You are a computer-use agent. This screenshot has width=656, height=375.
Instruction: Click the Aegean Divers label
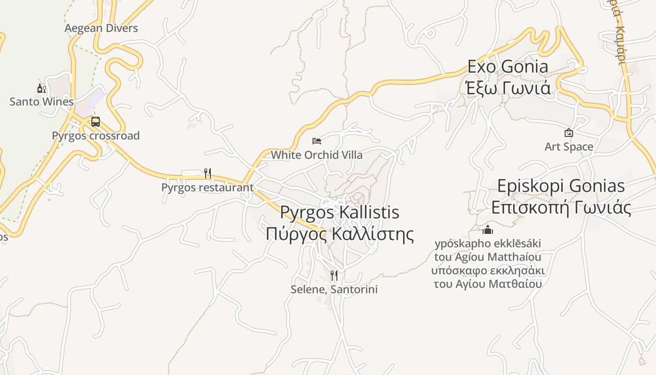101,28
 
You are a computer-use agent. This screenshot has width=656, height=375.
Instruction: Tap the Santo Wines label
42,102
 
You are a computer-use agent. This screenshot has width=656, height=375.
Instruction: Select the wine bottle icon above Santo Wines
42,89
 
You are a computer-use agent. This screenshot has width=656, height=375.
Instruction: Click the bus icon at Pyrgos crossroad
96,122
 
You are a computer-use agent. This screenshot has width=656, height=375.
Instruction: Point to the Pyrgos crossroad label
96,136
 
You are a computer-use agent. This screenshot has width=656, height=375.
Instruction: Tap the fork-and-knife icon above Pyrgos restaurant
208,173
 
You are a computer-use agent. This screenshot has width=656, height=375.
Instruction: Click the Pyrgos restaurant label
207,187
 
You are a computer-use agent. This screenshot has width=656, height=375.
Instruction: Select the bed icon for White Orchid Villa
317,141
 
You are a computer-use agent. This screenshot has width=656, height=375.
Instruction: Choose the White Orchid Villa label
317,155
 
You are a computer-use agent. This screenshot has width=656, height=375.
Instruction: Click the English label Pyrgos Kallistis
340,212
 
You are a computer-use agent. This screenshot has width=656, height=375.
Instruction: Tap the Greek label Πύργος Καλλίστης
340,233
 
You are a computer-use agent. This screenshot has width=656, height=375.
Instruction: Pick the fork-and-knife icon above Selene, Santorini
334,275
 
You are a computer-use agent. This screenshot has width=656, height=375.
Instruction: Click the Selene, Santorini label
334,289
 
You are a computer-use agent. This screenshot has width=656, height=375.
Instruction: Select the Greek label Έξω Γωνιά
508,87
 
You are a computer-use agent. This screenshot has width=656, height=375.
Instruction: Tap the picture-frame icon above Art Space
569,133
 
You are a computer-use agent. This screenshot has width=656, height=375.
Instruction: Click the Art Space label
569,147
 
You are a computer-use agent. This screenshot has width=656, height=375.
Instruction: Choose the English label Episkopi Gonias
561,186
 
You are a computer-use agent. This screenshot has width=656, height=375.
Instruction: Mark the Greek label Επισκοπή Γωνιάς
561,207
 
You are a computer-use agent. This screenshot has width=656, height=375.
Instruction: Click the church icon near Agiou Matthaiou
488,230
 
